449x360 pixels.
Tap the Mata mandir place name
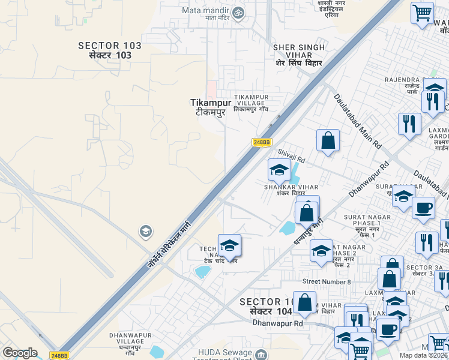click(206, 11)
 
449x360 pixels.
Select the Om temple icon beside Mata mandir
click(238, 12)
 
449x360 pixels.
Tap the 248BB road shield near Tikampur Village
click(262, 142)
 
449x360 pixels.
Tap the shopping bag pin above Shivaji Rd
click(328, 140)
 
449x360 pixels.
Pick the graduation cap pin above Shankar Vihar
click(279, 170)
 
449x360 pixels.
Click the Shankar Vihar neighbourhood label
click(286, 190)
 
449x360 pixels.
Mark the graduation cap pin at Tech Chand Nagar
click(229, 245)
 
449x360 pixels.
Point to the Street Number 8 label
click(327, 281)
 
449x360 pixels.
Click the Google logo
click(20, 353)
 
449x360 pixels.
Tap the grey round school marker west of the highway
click(145, 231)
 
